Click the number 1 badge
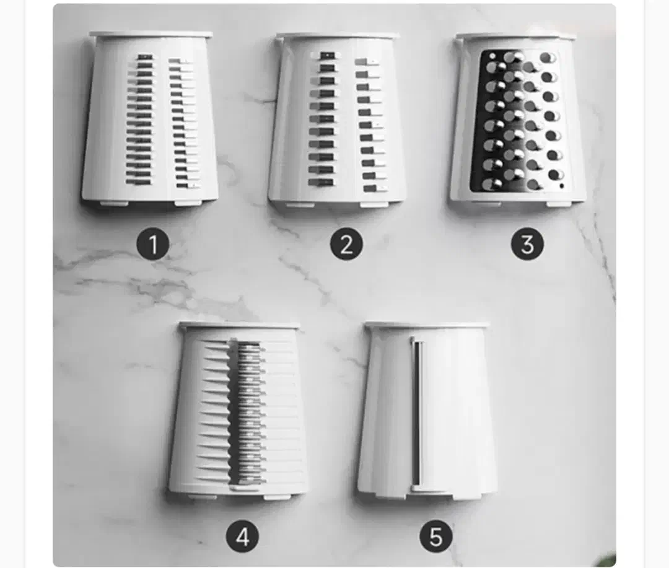click(x=153, y=244)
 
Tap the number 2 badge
click(x=346, y=244)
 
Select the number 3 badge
click(x=527, y=244)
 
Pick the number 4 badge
click(x=242, y=536)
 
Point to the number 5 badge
click(x=435, y=536)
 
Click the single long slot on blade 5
click(x=417, y=412)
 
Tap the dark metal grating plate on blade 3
click(x=521, y=121)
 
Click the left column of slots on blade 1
click(x=139, y=120)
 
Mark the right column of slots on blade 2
click(x=370, y=125)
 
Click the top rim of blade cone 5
click(x=427, y=325)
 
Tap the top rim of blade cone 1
click(x=150, y=34)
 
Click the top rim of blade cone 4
click(x=239, y=325)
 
